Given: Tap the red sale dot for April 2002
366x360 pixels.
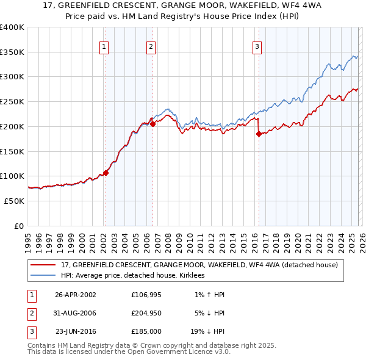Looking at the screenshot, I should point(106,173).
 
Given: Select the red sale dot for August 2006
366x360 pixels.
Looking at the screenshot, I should point(152,124).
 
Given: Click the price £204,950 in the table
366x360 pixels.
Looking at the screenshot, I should point(146,313).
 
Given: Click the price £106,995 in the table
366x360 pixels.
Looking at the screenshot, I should point(146,295).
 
